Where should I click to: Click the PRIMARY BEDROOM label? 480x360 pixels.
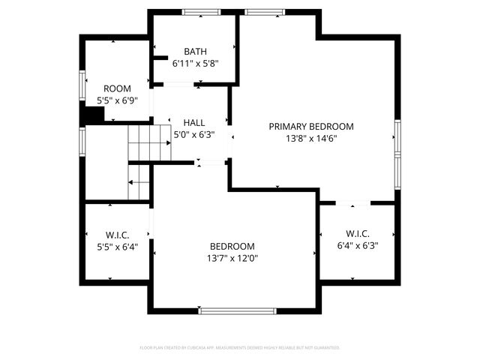(x=310, y=127)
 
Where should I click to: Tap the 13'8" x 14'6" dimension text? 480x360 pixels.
(x=310, y=139)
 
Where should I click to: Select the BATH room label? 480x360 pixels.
(x=195, y=52)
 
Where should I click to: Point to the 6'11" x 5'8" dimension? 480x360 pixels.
(x=195, y=64)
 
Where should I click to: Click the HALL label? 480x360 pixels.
(x=193, y=123)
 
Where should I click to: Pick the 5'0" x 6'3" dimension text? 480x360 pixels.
(x=193, y=135)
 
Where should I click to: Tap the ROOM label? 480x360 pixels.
(x=117, y=88)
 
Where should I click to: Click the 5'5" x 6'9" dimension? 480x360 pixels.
(x=117, y=100)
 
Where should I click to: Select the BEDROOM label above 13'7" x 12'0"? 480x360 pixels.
(x=232, y=246)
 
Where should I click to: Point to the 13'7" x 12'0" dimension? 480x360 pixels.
(x=232, y=258)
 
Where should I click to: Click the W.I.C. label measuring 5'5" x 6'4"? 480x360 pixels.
(x=117, y=235)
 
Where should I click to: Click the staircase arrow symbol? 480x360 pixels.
(x=138, y=181)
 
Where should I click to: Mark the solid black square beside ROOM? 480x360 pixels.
(x=93, y=115)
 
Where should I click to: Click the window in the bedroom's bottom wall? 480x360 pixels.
(x=232, y=310)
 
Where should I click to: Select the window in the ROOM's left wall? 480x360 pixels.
(x=82, y=85)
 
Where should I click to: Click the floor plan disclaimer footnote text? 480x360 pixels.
(x=240, y=348)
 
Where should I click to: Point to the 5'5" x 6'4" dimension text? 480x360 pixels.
(x=117, y=247)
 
